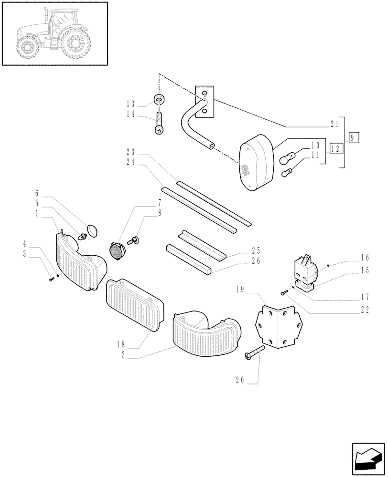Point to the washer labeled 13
pyautogui.click(x=160, y=101)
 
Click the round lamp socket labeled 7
pyautogui.click(x=117, y=249)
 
